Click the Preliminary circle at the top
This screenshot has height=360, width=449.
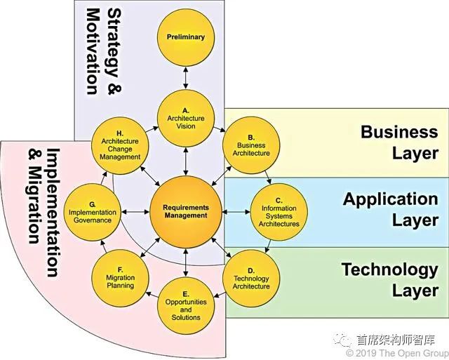185,36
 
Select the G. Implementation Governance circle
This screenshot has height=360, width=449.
91,211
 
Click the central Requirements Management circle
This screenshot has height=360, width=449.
185,211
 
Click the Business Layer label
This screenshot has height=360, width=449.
398,142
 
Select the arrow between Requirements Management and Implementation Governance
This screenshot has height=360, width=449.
132,211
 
